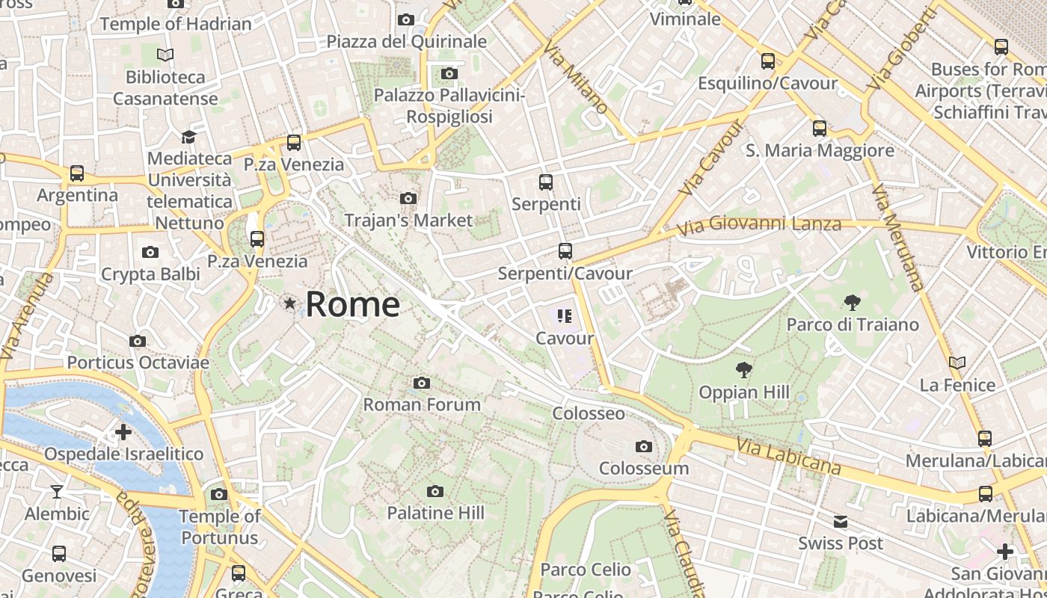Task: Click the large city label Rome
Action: [352, 304]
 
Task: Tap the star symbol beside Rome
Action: [289, 303]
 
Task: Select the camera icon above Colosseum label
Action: [643, 447]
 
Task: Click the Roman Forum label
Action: [422, 404]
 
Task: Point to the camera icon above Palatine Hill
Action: [435, 491]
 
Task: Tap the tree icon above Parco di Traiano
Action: [852, 303]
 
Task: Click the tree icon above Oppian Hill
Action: [743, 369]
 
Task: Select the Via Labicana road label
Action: [788, 456]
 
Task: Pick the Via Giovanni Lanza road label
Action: [759, 224]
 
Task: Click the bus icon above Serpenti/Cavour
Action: [565, 251]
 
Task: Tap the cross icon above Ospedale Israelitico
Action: [123, 432]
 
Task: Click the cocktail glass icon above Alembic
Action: [57, 491]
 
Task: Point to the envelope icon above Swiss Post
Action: [841, 522]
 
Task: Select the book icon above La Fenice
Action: [957, 363]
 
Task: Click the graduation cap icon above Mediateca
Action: [188, 137]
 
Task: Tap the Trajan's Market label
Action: [408, 221]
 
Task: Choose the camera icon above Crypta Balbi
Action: [150, 253]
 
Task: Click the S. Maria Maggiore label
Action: [820, 150]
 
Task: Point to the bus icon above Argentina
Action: [77, 173]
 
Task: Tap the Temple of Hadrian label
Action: [176, 24]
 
